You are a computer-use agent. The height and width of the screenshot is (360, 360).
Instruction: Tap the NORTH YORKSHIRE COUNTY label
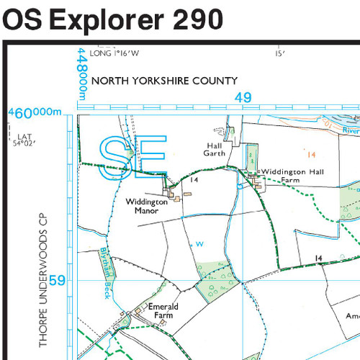click(164, 81)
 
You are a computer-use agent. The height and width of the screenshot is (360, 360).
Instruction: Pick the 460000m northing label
click(36, 113)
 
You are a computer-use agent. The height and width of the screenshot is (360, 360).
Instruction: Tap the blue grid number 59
click(58, 281)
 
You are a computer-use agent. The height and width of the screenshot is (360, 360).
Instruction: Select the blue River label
click(351, 131)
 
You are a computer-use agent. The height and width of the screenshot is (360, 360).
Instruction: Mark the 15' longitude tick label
click(280, 53)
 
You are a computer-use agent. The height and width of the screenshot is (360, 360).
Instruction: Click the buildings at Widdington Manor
click(171, 193)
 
